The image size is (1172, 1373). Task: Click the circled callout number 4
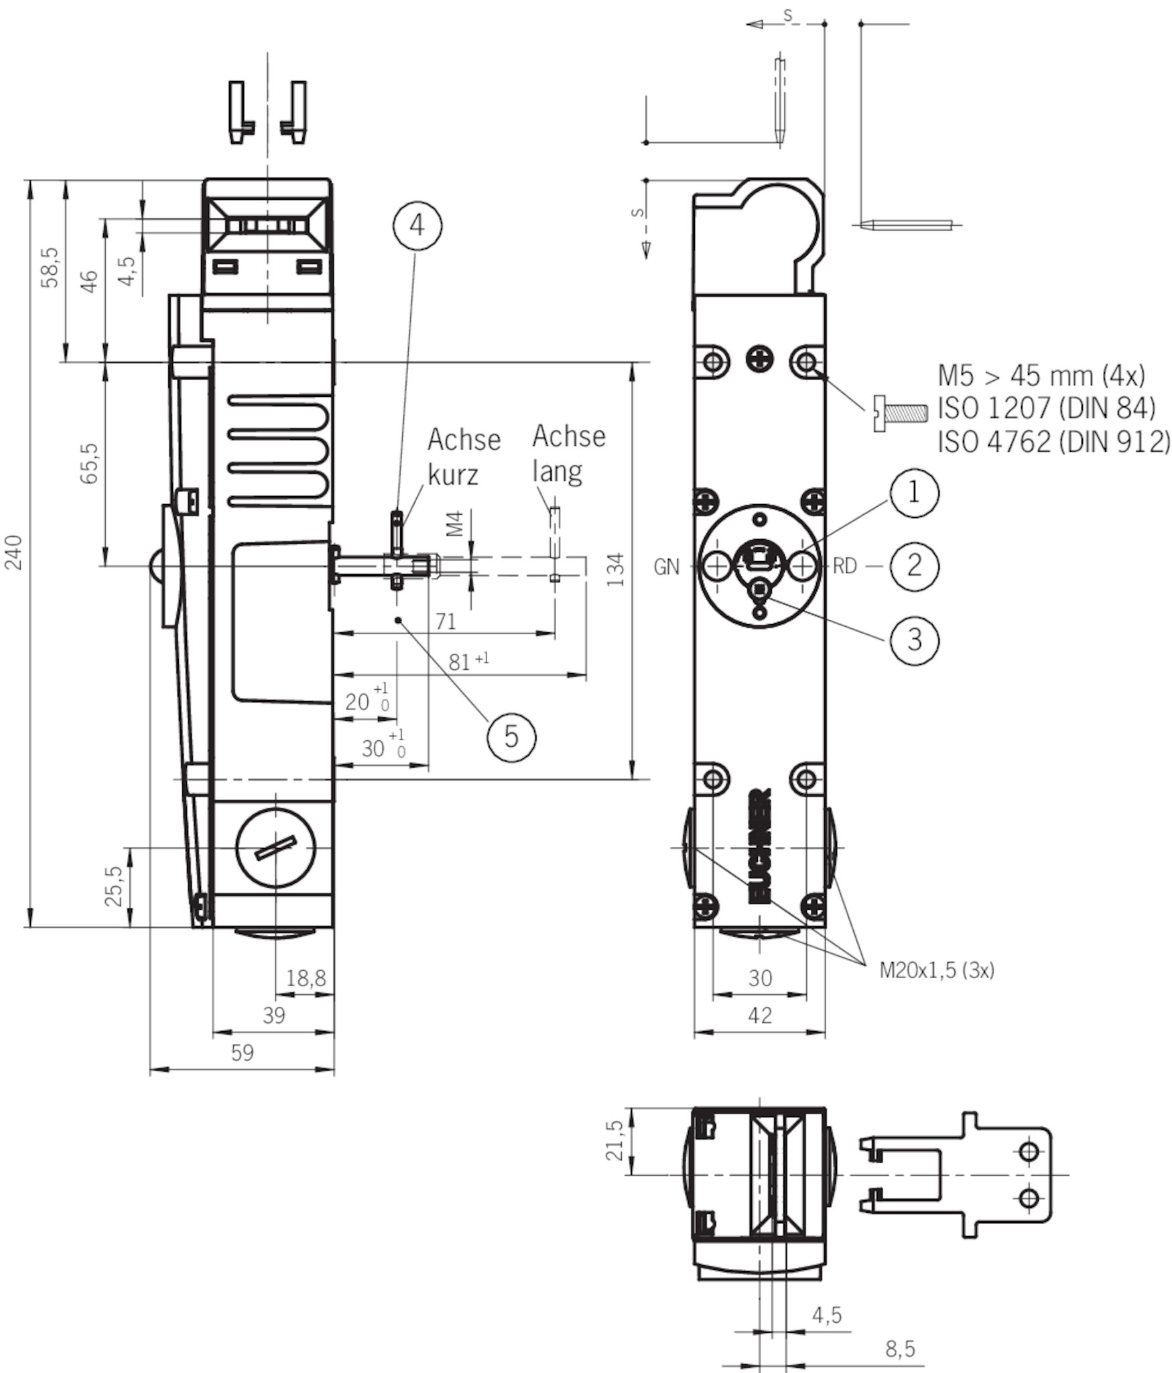coord(417,226)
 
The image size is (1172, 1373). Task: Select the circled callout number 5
coord(511,737)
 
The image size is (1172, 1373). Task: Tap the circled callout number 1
coord(914,493)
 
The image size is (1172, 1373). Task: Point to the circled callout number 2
coord(914,566)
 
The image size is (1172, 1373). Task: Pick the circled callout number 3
coord(914,640)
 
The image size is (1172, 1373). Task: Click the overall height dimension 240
coord(15,552)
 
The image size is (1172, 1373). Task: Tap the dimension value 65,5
coord(90,463)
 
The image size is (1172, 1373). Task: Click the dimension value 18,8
coord(306,978)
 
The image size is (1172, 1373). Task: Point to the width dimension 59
coord(243,1053)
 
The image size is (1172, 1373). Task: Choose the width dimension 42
coord(759,1015)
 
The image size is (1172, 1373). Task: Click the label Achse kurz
coord(464,457)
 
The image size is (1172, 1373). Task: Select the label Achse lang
coord(568,454)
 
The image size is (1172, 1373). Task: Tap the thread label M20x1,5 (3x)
coord(937,970)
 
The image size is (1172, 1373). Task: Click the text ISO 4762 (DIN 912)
coord(1053,442)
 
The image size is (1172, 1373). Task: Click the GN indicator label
coord(666,567)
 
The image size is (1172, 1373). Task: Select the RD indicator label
coord(844,566)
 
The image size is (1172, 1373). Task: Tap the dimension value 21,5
coord(616,1140)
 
